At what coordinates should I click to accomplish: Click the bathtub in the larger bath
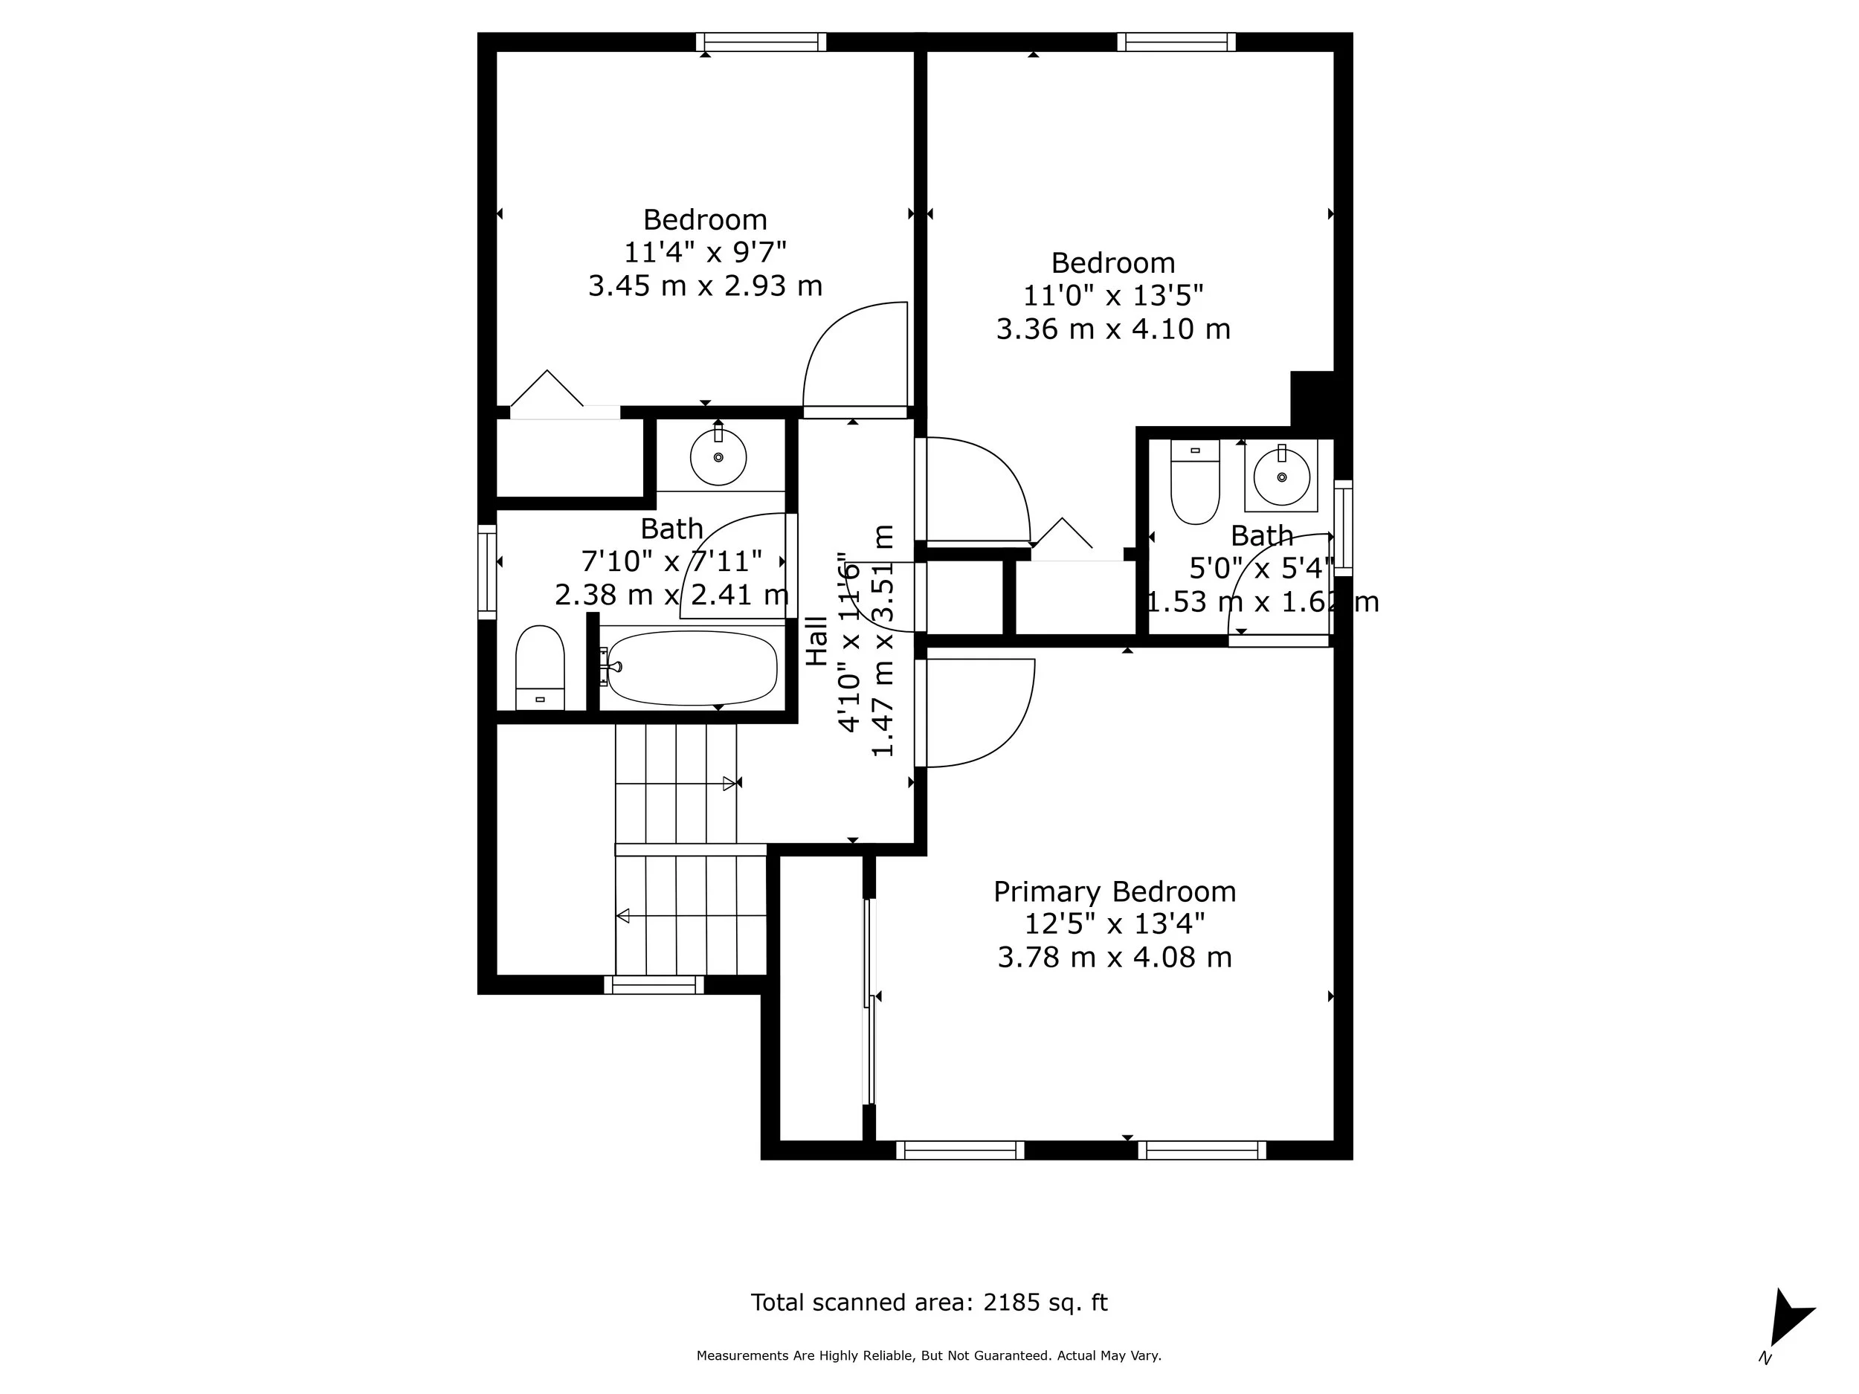coord(692,668)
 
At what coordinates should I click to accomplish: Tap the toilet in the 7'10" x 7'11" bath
coord(540,668)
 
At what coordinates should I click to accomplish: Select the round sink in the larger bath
coord(718,457)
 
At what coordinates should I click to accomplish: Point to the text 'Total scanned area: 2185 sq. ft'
coord(929,1303)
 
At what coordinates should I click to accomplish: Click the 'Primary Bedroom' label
coord(1115,891)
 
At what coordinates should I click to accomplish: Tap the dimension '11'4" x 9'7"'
coord(704,252)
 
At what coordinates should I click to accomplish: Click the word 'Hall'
coord(817,641)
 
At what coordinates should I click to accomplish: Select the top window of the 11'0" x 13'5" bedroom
coord(1176,42)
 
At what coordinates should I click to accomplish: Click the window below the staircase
coord(654,985)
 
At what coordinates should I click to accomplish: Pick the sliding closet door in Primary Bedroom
coord(869,1001)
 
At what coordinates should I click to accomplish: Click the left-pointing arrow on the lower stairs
coord(622,916)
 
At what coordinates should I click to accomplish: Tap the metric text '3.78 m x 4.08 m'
coord(1115,958)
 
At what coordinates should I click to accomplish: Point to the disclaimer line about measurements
coord(929,1355)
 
